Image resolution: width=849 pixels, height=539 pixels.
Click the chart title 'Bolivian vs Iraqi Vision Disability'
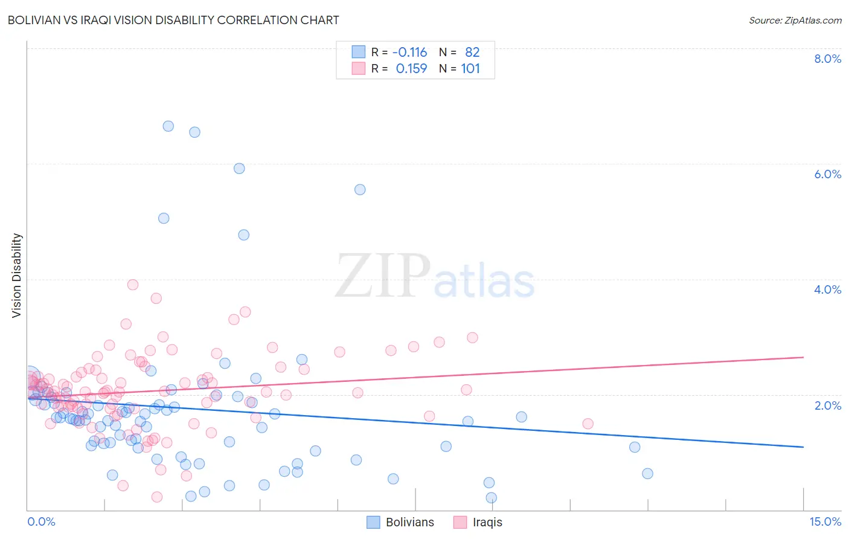pos(173,20)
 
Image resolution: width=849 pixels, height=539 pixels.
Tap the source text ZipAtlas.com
pos(795,20)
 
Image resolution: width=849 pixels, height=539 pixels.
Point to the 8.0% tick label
pos(827,59)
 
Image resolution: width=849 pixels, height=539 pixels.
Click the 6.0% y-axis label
pos(827,174)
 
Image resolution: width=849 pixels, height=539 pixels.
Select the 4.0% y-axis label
pos(827,289)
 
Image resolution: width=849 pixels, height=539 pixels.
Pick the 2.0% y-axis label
pos(827,405)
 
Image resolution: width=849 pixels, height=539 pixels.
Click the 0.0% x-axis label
pos(41,522)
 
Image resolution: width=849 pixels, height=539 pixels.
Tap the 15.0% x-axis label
pos(825,522)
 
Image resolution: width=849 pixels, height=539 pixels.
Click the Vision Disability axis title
pos(17,276)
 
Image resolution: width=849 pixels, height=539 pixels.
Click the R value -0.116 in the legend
pos(409,53)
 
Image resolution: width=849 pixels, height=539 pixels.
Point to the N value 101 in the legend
pos(470,69)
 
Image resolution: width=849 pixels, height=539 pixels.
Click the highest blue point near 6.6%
pos(168,126)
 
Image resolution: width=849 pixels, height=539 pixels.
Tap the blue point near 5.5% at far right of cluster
pos(360,190)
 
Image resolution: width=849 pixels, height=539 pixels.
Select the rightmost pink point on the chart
pos(588,424)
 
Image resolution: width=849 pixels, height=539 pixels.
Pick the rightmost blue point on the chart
pos(647,474)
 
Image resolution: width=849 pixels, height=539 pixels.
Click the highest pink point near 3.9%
pos(133,285)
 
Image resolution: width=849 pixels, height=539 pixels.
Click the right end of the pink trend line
pos(803,357)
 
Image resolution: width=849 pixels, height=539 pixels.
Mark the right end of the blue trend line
pos(803,447)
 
